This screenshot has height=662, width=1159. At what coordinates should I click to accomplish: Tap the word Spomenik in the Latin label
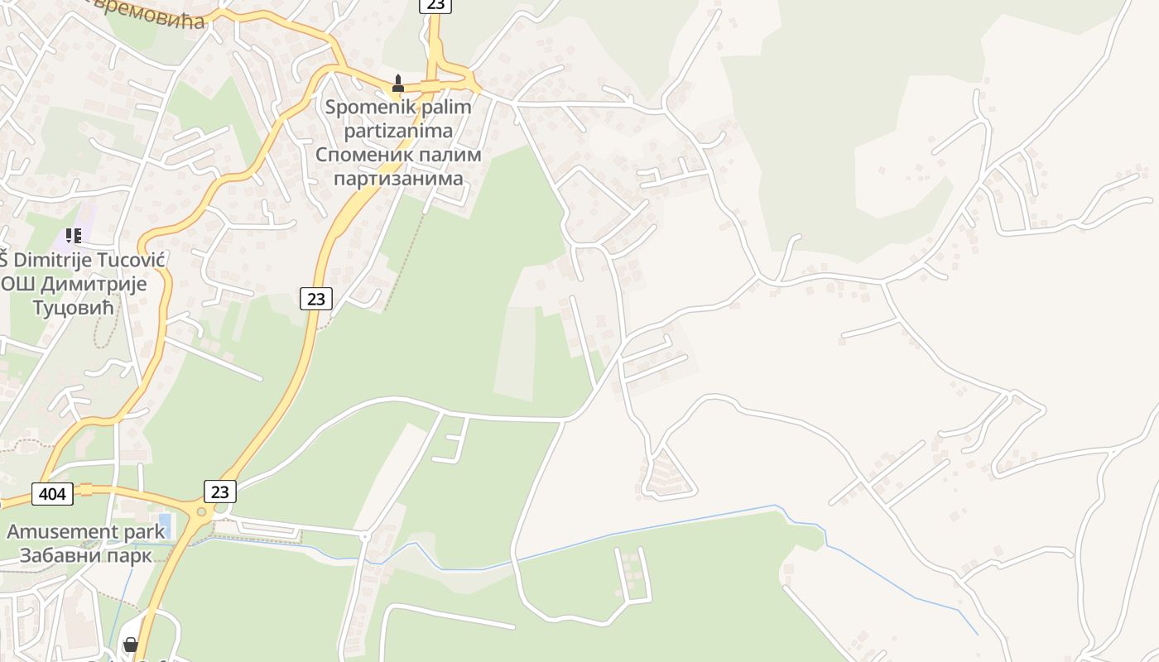pos(360,107)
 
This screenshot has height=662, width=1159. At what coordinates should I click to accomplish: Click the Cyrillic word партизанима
pos(398,179)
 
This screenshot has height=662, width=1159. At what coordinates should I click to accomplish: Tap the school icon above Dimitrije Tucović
pos(74,236)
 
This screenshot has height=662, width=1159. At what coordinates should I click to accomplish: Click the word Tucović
pos(132,260)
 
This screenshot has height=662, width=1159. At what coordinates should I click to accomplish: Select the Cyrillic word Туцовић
pos(73,308)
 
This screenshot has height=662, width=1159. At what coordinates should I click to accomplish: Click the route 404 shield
pos(53,495)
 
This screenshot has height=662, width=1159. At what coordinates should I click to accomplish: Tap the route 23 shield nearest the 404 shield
pos(219,492)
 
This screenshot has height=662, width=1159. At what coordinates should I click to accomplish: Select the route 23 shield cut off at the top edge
pos(435,5)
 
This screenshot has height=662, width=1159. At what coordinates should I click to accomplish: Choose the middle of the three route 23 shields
pos(315,299)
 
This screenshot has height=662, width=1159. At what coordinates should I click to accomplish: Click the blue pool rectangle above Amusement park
pos(164,525)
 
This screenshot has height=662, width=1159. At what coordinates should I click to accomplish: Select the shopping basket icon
pos(131,644)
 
